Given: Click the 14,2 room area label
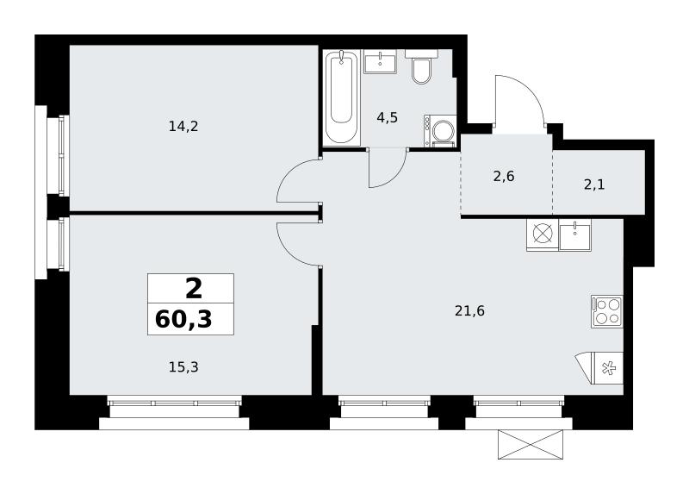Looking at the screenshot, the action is pyautogui.click(x=183, y=127).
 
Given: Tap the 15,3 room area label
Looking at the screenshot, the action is pyautogui.click(x=183, y=367).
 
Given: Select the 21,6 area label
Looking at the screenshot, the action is pyautogui.click(x=469, y=311).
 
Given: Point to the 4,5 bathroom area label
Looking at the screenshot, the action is pyautogui.click(x=387, y=117).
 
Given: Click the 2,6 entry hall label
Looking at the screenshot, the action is pyautogui.click(x=504, y=177).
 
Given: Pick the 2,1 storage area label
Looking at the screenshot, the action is pyautogui.click(x=594, y=184).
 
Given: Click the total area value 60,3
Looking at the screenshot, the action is pyautogui.click(x=183, y=319).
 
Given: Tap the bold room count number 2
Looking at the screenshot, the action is pyautogui.click(x=194, y=289).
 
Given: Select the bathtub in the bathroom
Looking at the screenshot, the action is pyautogui.click(x=341, y=97).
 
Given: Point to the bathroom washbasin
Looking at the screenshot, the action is pyautogui.click(x=380, y=61).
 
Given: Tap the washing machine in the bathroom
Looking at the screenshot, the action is pyautogui.click(x=440, y=131).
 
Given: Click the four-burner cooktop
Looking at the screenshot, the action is pyautogui.click(x=607, y=311).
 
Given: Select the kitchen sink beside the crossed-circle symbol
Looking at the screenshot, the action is pyautogui.click(x=574, y=234).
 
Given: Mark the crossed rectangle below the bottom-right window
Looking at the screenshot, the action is pyautogui.click(x=531, y=445).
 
